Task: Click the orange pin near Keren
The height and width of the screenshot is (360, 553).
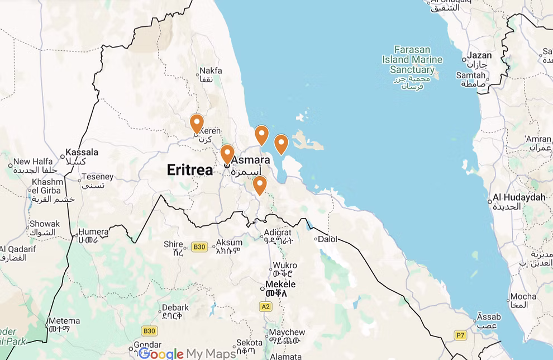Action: [197, 122]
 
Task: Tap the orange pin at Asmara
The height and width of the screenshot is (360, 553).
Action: [227, 153]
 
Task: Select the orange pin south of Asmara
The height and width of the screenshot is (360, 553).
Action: [259, 184]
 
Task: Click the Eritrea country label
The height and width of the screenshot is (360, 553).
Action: [190, 170]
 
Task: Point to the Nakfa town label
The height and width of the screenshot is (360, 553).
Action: [211, 71]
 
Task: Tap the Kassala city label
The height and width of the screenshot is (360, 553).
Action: [82, 152]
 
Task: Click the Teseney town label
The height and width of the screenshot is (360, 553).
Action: [98, 177]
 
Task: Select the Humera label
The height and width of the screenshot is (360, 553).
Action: [93, 231]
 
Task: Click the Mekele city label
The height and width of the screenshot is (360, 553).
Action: [280, 284]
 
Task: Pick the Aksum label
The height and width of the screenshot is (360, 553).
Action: [229, 243]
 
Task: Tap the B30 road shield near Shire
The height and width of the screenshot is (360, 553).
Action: [199, 247]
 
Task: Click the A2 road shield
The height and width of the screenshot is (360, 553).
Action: [265, 306]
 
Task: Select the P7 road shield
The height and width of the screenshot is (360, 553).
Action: [460, 335]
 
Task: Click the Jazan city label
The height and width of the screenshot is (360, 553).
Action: [479, 55]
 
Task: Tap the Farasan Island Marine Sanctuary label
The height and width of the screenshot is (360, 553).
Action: [412, 60]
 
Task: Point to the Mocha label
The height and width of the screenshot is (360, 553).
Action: [523, 296]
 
